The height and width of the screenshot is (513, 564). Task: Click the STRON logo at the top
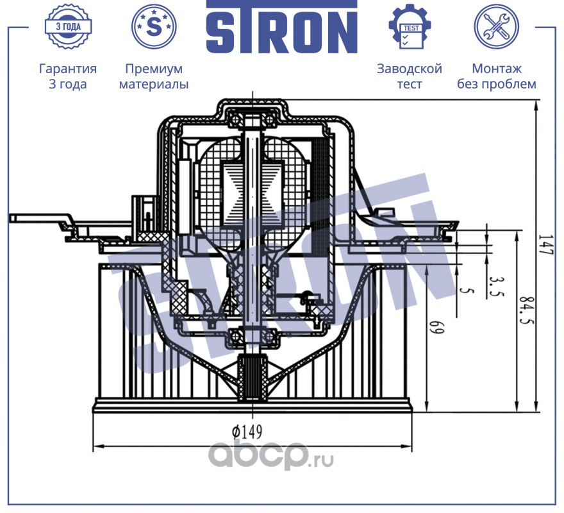(x=281, y=28)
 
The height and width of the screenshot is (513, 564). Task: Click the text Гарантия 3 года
(x=68, y=76)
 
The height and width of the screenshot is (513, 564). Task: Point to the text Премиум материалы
(x=154, y=76)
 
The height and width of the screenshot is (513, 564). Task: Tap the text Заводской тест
(x=410, y=76)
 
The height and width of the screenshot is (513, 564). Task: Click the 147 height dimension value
(x=545, y=246)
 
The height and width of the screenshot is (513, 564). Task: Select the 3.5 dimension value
(x=495, y=287)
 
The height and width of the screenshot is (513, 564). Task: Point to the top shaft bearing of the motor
(x=252, y=120)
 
